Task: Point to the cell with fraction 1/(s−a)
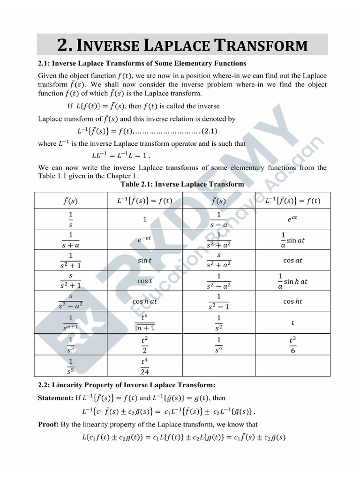[218, 218]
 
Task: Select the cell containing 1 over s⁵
[70, 366]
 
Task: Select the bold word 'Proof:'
[48, 425]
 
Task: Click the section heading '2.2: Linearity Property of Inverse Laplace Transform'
[126, 385]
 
